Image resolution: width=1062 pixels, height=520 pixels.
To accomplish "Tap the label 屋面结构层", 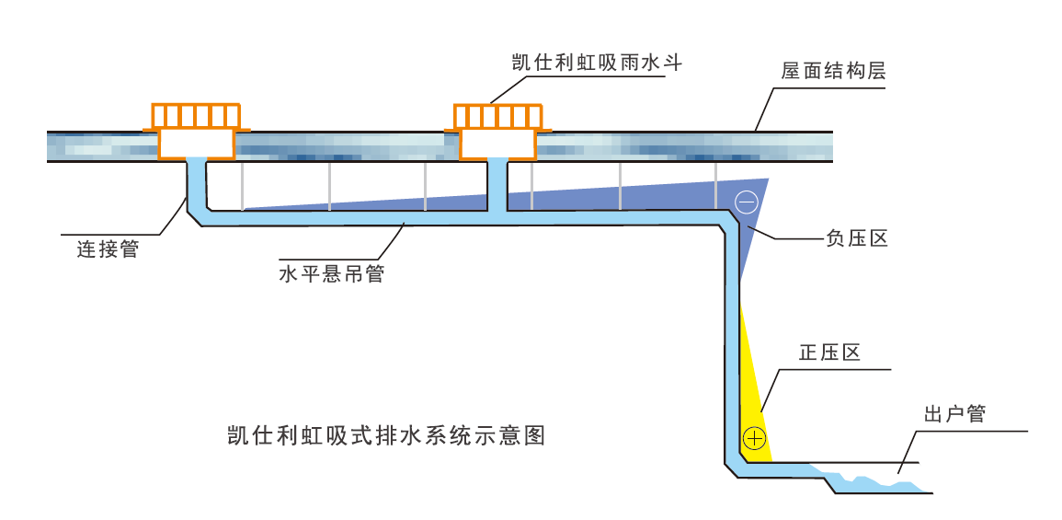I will pyautogui.click(x=833, y=71).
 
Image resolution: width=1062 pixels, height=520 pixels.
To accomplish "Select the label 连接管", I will pyautogui.click(x=108, y=248).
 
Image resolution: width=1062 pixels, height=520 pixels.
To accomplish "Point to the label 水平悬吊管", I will pyautogui.click(x=331, y=273).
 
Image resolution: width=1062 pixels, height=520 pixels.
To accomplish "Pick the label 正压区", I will pyautogui.click(x=829, y=352).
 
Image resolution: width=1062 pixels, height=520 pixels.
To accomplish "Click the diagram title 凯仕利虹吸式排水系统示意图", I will pyautogui.click(x=386, y=434).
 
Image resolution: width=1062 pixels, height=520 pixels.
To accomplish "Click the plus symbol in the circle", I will pyautogui.click(x=754, y=438).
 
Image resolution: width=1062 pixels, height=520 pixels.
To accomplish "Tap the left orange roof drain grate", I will pyautogui.click(x=196, y=115).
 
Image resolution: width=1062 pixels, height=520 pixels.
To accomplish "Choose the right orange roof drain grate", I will pyautogui.click(x=497, y=116).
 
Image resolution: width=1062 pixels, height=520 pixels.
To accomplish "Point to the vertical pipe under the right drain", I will pyautogui.click(x=497, y=184).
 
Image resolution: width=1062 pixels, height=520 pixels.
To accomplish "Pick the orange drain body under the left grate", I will pyautogui.click(x=196, y=143).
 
